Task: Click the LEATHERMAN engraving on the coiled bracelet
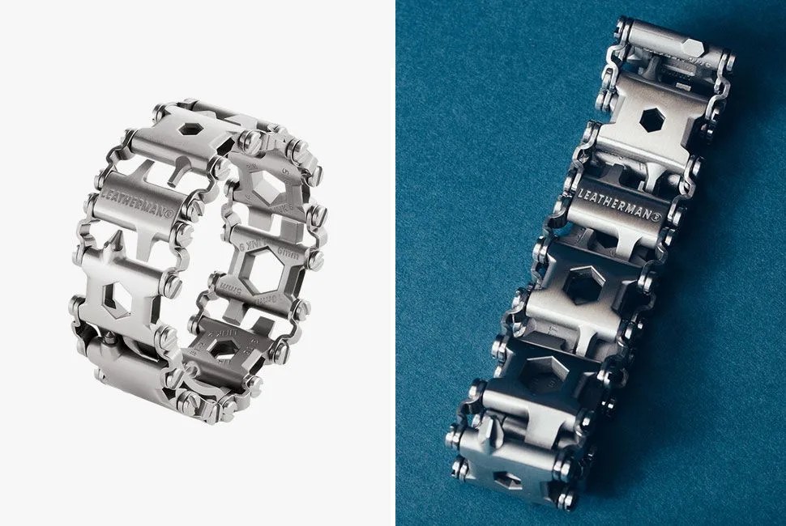coord(139,206)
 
